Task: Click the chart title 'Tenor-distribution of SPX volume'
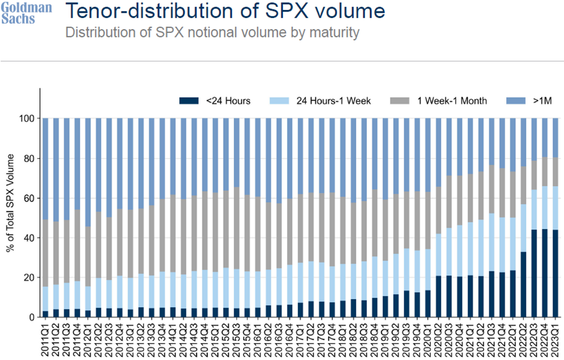[x=224, y=12]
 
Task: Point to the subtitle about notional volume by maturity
[x=212, y=32]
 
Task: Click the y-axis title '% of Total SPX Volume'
[x=13, y=217]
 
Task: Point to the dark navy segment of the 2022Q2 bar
[x=524, y=284]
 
